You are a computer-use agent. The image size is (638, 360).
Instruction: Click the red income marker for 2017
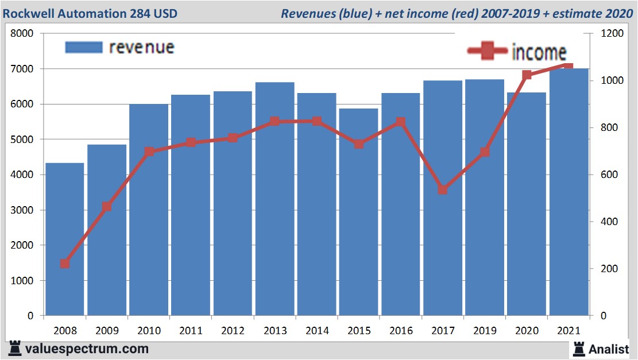click(442, 189)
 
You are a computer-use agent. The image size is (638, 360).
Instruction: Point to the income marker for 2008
click(65, 264)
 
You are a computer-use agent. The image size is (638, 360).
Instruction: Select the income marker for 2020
click(527, 75)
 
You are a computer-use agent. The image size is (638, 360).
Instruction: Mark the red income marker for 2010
click(149, 152)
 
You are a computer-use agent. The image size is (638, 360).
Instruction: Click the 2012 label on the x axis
click(233, 331)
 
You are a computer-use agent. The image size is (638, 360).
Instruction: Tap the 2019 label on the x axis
click(485, 331)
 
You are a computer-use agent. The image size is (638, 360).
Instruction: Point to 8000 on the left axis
click(23, 34)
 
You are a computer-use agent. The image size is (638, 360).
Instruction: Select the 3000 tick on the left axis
click(23, 210)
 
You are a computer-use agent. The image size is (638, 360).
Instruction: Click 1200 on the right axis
click(612, 34)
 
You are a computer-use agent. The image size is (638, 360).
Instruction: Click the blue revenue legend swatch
click(83, 47)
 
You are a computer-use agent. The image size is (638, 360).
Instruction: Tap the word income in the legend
click(539, 52)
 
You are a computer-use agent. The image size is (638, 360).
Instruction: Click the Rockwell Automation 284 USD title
click(90, 13)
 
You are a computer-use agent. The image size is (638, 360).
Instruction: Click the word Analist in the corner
click(609, 349)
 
